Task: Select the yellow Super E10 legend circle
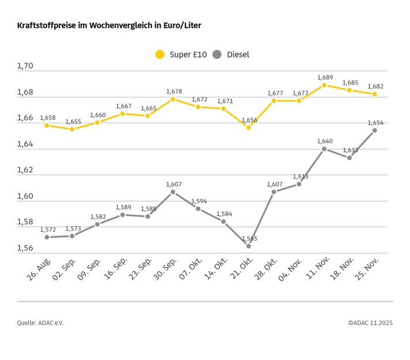(160, 54)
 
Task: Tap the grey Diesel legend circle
(217, 54)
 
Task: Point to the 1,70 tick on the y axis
(25, 66)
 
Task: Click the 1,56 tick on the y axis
(25, 248)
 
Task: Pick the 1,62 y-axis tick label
(25, 170)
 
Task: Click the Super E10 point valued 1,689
(325, 85)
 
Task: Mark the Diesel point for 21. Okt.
(249, 246)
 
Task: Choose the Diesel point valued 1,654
(375, 130)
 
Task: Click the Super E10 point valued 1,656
(249, 127)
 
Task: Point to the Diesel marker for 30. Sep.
(173, 191)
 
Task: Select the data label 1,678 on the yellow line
(174, 91)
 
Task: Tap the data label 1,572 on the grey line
(48, 229)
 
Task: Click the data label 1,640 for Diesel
(325, 140)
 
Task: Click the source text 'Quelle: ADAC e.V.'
(40, 323)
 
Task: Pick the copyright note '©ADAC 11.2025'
(370, 323)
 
